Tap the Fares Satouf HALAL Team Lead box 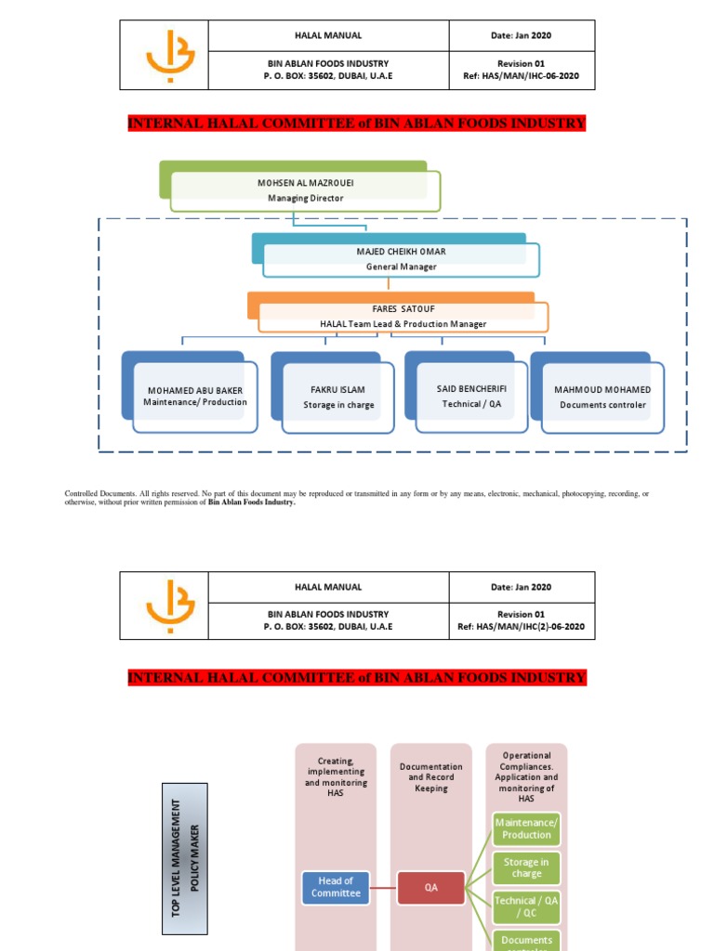[403, 317]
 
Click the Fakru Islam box [337, 397]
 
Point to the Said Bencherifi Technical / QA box [471, 397]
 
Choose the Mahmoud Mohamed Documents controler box [602, 397]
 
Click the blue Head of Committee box [336, 887]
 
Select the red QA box [430, 887]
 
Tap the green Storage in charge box [526, 867]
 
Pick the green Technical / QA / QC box [526, 905]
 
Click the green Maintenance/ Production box [526, 828]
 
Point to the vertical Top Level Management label [184, 857]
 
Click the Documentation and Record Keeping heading [430, 777]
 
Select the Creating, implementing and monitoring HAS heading [336, 777]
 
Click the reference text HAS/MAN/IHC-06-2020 [521, 76]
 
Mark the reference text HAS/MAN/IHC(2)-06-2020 [521, 627]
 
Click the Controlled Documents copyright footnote [357, 498]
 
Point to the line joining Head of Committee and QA [383, 887]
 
